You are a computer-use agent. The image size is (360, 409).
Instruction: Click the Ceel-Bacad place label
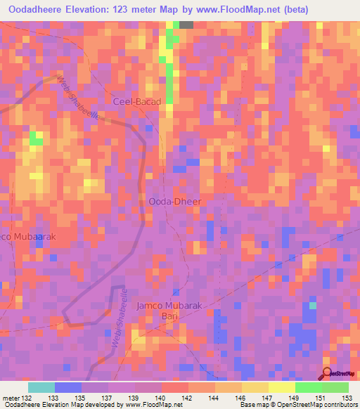click(x=138, y=102)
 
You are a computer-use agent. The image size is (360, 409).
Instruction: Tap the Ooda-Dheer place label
click(x=175, y=202)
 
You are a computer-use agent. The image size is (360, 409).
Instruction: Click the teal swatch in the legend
click(x=41, y=387)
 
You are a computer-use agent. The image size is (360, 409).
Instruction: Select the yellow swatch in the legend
click(x=281, y=387)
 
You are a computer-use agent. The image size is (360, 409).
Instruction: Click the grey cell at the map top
click(x=186, y=25)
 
